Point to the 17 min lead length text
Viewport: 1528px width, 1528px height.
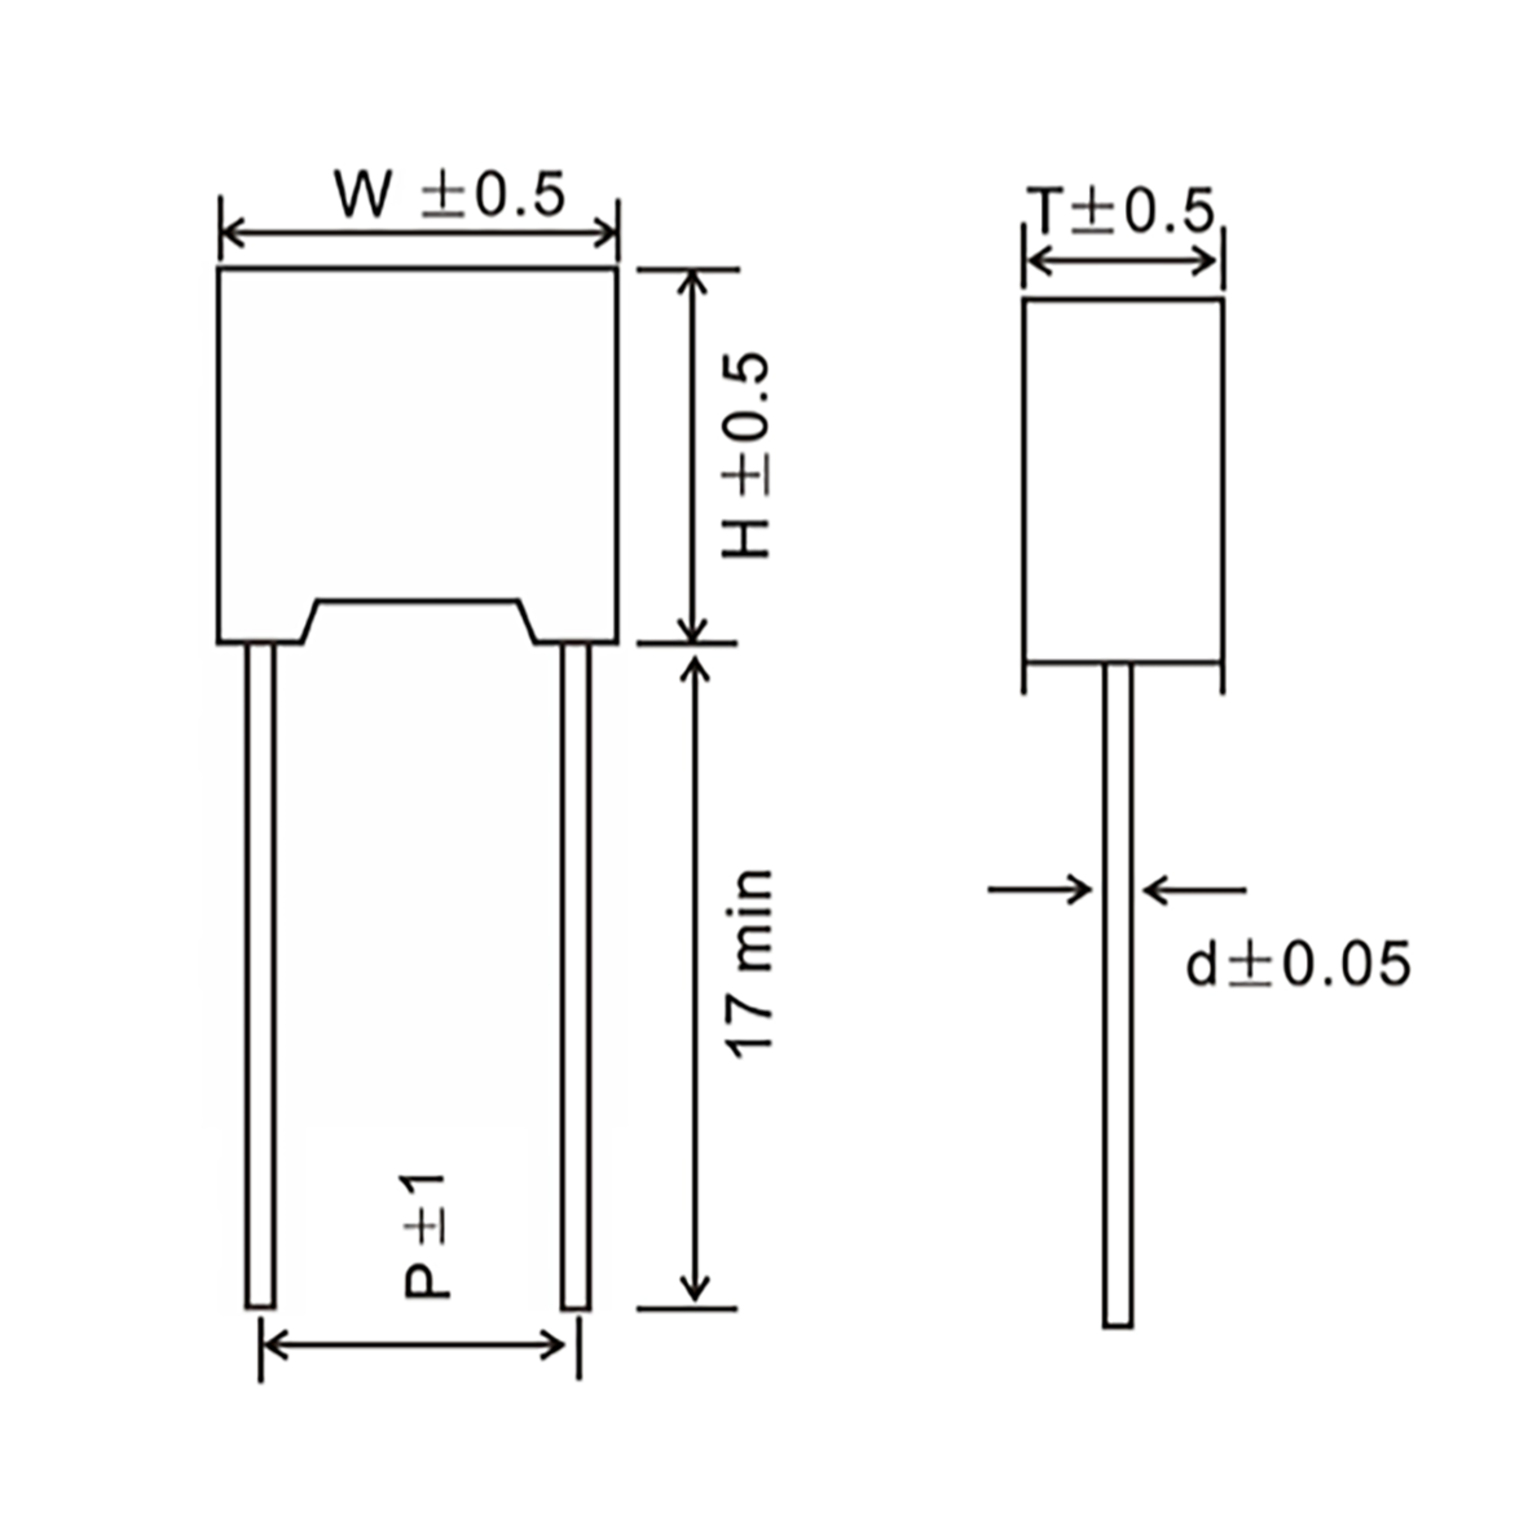pyautogui.click(x=748, y=964)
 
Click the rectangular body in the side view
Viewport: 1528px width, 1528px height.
pyautogui.click(x=1124, y=480)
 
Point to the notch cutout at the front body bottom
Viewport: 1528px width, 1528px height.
pyautogui.click(x=418, y=621)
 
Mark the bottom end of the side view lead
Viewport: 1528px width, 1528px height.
pyautogui.click(x=1117, y=1323)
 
